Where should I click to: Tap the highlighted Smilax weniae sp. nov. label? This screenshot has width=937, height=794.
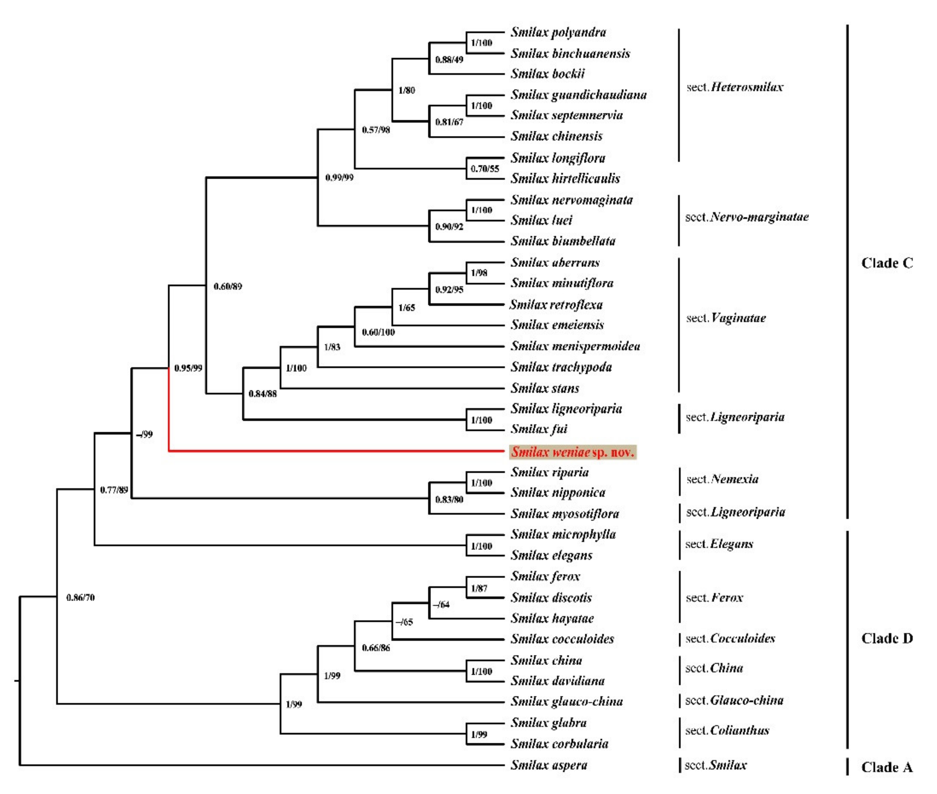tap(573, 452)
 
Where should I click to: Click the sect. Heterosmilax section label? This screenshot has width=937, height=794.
tap(734, 87)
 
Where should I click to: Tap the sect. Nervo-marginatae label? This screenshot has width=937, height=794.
tap(747, 217)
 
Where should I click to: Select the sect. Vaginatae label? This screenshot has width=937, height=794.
tap(725, 318)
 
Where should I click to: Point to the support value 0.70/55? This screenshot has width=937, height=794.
tap(484, 169)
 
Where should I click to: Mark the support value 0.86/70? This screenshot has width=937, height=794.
tap(80, 597)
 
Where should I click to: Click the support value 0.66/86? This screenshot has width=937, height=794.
tap(376, 648)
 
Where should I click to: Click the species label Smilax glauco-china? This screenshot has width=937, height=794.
tap(566, 701)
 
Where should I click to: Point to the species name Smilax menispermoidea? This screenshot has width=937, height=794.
tap(575, 346)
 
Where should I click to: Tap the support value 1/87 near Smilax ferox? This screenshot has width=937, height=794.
tap(479, 588)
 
